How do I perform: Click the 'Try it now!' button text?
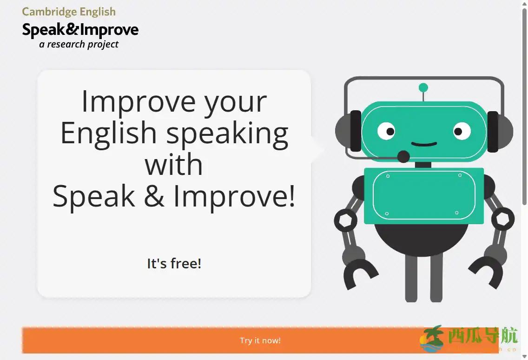pyautogui.click(x=260, y=340)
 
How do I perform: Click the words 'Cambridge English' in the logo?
pyautogui.click(x=69, y=12)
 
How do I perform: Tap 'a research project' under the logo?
pyautogui.click(x=79, y=44)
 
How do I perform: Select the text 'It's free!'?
pyautogui.click(x=174, y=264)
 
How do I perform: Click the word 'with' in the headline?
pyautogui.click(x=173, y=165)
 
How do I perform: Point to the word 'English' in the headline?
pyautogui.click(x=108, y=133)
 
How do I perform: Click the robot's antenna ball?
pyautogui.click(x=423, y=87)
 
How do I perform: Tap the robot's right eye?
pyautogui.click(x=462, y=131)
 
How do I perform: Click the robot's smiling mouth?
pyautogui.click(x=424, y=144)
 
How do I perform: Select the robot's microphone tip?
pyautogui.click(x=403, y=157)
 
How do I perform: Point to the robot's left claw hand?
pyautogui.click(x=360, y=274)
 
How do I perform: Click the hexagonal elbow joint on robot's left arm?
pyautogui.click(x=346, y=220)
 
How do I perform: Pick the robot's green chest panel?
pyautogui.click(x=423, y=195)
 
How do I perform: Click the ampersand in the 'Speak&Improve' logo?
pyautogui.click(x=73, y=30)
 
